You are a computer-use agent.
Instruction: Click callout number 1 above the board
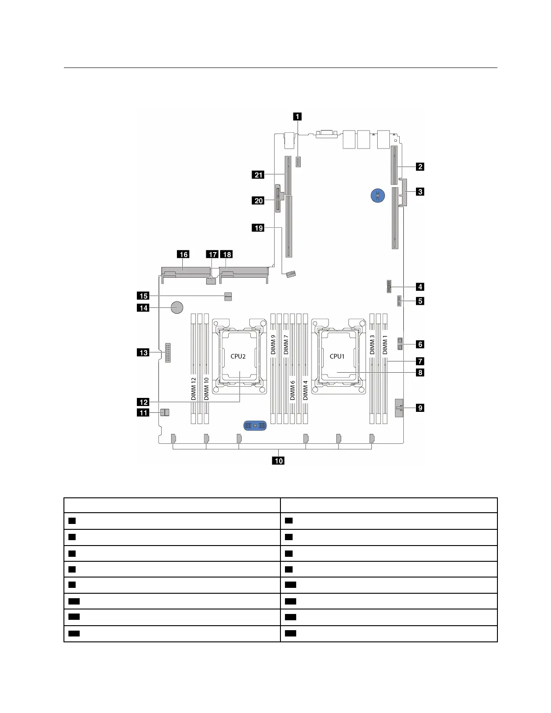298,116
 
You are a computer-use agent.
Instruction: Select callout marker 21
258,175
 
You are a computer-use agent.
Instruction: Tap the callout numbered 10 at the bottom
279,460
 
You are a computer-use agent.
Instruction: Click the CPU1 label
337,356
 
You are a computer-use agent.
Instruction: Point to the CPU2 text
238,356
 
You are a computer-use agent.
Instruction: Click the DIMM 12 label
194,389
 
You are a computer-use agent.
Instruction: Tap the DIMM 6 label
293,390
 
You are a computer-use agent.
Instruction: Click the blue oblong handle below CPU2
255,425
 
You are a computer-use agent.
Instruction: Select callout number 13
143,352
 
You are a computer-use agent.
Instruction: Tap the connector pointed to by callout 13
168,352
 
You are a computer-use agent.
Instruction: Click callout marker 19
258,228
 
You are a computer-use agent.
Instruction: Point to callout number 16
183,254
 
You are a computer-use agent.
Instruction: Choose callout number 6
420,344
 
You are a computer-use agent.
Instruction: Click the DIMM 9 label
273,344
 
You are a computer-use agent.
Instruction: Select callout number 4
420,286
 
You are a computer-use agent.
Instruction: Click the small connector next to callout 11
165,412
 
